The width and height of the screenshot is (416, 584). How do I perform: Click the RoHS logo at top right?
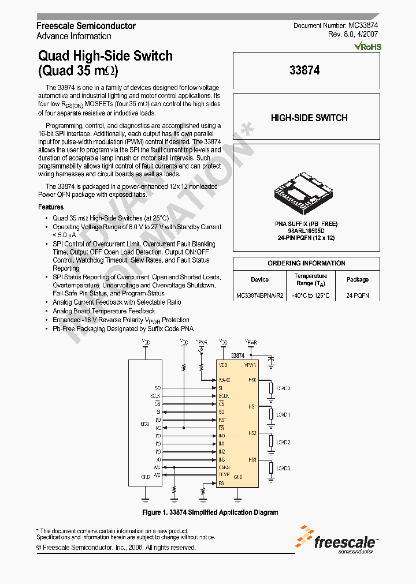tap(367, 46)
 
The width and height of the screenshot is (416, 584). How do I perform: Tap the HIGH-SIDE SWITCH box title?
tap(309, 118)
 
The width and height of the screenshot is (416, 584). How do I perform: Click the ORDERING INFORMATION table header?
tap(306, 263)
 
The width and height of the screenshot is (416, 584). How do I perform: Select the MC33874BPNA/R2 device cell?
tap(259, 295)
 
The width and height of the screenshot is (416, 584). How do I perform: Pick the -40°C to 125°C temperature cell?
tap(311, 295)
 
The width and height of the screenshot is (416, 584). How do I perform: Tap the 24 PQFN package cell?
tap(358, 295)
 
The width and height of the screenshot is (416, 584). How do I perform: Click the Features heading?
tap(51, 207)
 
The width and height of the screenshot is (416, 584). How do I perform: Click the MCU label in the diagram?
tap(145, 424)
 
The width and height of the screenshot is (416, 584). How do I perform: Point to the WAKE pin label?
tap(224, 380)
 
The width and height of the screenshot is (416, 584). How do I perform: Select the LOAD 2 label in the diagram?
tap(283, 443)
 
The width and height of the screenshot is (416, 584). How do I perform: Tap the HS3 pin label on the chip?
tap(252, 459)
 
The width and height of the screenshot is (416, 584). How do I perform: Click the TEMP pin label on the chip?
tap(224, 475)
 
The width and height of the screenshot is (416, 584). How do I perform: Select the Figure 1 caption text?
tap(210, 512)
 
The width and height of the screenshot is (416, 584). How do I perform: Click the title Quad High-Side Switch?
tap(105, 56)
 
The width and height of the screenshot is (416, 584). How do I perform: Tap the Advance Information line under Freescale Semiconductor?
tap(74, 36)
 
